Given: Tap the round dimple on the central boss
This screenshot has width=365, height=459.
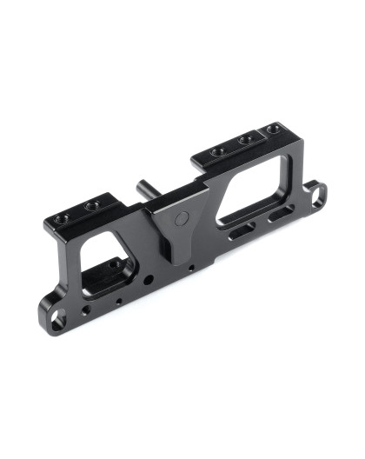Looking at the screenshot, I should pyautogui.click(x=181, y=217).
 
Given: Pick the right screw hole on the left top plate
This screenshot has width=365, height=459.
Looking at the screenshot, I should pyautogui.click(x=91, y=206).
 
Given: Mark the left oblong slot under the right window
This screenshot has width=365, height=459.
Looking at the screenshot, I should pyautogui.click(x=241, y=229).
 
